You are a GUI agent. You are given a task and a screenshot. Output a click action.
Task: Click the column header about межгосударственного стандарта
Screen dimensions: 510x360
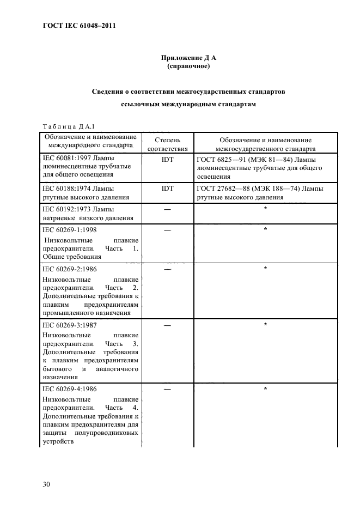(265, 144)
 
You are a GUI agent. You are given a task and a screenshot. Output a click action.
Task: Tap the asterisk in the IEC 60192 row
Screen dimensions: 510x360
(265, 209)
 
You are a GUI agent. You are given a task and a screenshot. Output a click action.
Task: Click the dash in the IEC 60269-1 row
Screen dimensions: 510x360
(167, 230)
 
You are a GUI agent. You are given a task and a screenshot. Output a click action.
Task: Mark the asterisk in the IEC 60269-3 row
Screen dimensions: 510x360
(265, 325)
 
